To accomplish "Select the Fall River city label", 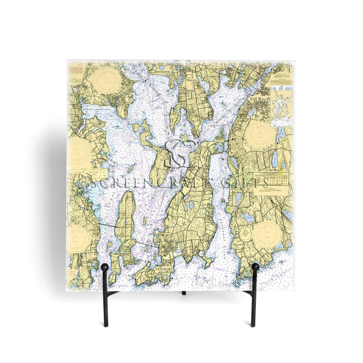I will [259, 99].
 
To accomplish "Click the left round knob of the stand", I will [104, 268].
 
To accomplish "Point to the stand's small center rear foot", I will [183, 292].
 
